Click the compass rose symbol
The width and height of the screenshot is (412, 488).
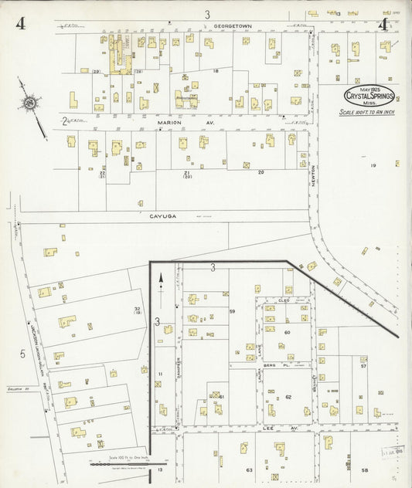tap(29, 103)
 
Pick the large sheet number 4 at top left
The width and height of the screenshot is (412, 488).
tap(19, 22)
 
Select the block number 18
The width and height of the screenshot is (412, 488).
tap(216, 71)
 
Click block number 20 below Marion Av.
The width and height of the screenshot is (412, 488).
tap(260, 172)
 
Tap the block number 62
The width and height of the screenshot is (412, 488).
tap(288, 397)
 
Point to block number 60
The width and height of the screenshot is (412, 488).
tap(286, 332)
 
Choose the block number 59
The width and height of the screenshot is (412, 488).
tap(231, 311)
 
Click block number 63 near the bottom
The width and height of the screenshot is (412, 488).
tap(249, 469)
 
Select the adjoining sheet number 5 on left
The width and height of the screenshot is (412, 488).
tap(22, 354)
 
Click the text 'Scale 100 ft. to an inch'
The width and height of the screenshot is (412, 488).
tap(369, 112)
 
